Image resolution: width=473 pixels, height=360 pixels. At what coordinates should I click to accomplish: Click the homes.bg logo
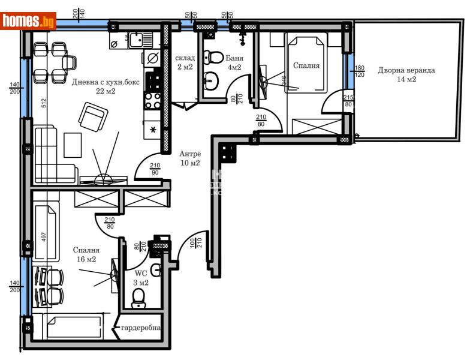[x=29, y=21]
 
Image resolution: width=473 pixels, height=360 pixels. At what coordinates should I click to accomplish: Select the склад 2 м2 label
[x=185, y=62]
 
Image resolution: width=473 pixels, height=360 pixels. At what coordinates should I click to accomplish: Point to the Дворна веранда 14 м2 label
[x=406, y=74]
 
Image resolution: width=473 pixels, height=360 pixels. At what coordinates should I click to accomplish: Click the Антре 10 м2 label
[x=190, y=158]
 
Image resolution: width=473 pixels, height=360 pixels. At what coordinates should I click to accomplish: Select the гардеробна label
[x=141, y=329]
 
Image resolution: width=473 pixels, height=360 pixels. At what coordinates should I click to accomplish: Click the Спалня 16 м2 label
[x=86, y=254]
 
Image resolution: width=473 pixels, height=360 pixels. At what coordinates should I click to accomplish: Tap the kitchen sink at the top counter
[x=134, y=40]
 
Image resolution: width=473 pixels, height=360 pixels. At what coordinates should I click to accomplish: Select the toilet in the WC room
[x=139, y=296]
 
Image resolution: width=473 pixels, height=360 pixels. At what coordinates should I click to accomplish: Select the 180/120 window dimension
[x=360, y=72]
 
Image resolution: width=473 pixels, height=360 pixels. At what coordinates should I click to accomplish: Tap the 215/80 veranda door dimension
[x=348, y=100]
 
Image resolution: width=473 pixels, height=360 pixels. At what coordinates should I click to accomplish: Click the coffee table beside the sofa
[x=73, y=146]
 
